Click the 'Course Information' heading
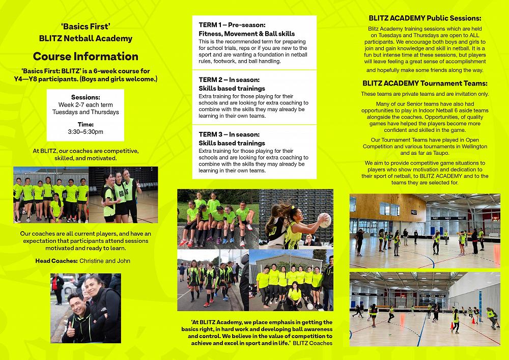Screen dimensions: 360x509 pos(86,56)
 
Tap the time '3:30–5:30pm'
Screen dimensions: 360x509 pos(86,132)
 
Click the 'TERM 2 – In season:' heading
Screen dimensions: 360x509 pos(229,80)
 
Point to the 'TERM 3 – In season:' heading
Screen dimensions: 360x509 pos(229,135)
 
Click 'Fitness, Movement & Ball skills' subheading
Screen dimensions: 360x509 pos(246,34)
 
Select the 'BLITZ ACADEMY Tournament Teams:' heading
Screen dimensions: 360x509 pos(425,83)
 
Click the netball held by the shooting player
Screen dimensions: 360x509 pos(324,219)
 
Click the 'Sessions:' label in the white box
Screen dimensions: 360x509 pos(86,97)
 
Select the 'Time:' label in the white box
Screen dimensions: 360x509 pos(86,124)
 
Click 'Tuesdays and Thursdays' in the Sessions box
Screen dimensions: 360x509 pos(86,112)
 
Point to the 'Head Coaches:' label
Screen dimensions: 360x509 pos(56,261)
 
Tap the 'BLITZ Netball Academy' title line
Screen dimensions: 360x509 pos(86,38)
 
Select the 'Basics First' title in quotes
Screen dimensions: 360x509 pos(86,26)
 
